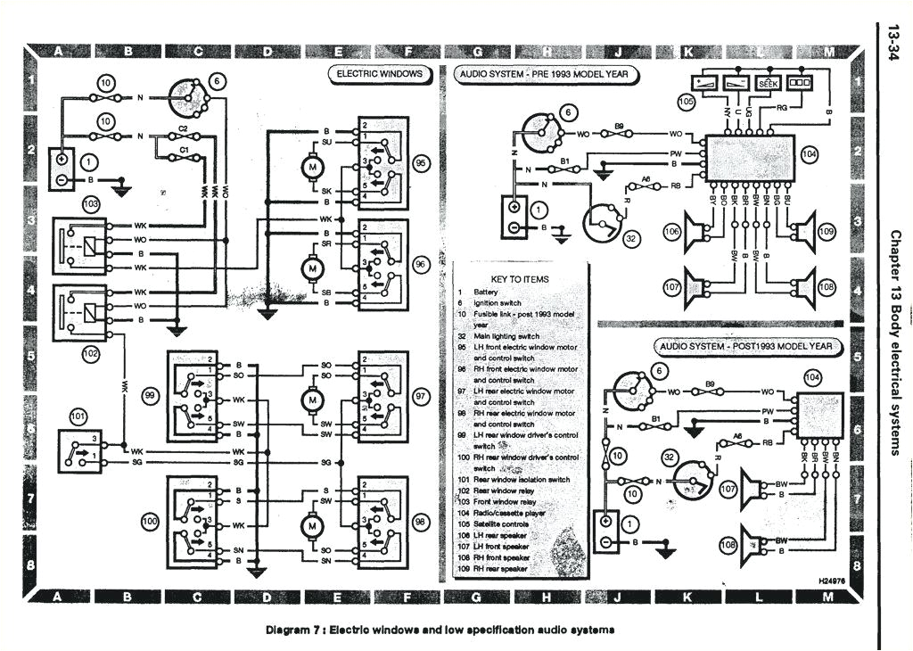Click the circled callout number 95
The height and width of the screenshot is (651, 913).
pyautogui.click(x=421, y=165)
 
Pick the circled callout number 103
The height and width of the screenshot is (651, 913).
pyautogui.click(x=90, y=204)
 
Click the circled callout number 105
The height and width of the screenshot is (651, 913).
pyautogui.click(x=686, y=103)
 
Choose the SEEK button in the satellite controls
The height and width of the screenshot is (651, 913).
pyautogui.click(x=767, y=81)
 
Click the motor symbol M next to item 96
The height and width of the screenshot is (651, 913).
pyautogui.click(x=312, y=267)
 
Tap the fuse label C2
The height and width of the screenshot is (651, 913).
pyautogui.click(x=183, y=130)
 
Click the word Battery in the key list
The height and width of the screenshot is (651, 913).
pyautogui.click(x=489, y=292)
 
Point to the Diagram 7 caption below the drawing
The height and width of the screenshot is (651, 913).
pyautogui.click(x=440, y=630)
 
